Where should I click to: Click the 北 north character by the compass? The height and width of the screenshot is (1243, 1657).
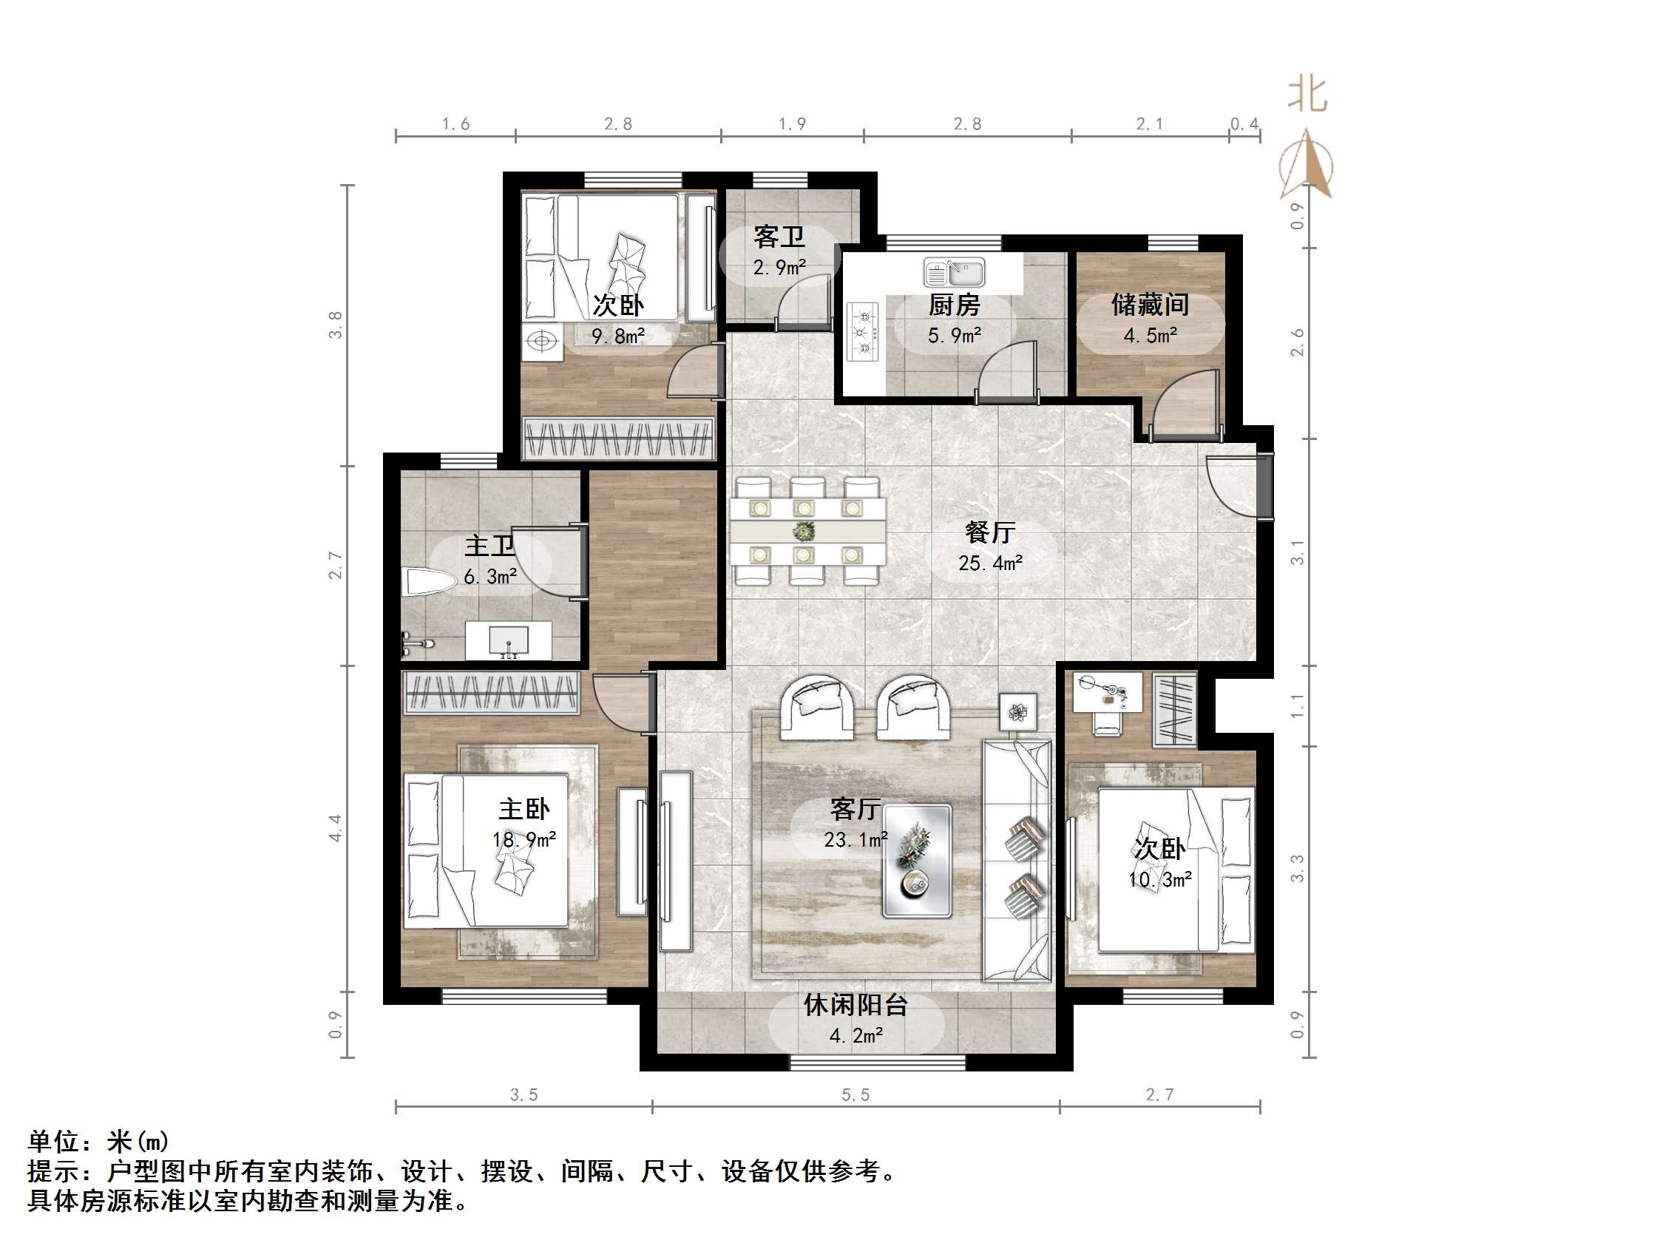click(1308, 95)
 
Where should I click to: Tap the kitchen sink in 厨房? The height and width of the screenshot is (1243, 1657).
click(955, 273)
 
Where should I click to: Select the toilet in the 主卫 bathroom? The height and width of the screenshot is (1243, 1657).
click(428, 582)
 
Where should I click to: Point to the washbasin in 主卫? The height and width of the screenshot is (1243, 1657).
click(509, 641)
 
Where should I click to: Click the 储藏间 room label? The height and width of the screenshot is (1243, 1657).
click(1150, 305)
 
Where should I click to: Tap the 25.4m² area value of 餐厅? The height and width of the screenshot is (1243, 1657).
click(990, 563)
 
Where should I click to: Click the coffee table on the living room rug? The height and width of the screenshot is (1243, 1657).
click(917, 861)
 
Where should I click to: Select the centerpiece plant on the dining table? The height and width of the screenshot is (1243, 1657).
click(804, 531)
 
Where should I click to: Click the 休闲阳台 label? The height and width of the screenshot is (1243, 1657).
click(855, 1006)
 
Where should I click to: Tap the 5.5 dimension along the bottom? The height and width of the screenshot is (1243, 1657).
click(855, 1095)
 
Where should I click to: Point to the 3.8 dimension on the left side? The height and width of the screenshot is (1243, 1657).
click(335, 325)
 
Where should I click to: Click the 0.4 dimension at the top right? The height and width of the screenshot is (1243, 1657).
click(1244, 124)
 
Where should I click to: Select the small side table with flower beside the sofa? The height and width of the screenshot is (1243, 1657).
click(1018, 711)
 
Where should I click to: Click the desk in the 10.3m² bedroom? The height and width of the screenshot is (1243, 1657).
click(1107, 691)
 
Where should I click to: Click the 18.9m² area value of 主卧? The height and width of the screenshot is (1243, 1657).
click(523, 840)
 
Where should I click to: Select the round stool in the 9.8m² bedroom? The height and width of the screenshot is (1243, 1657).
click(541, 342)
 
